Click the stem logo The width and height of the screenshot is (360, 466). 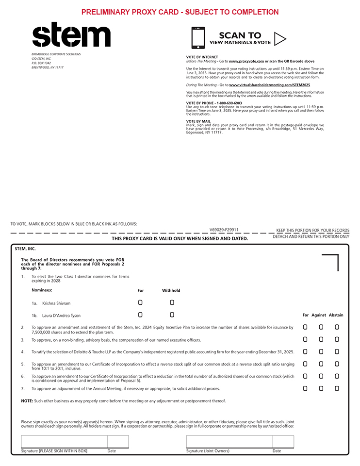pos(71,35)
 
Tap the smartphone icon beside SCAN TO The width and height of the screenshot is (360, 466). pos(198,38)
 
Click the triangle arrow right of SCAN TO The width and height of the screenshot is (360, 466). pos(280,38)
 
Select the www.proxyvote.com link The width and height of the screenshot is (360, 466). pos(246,62)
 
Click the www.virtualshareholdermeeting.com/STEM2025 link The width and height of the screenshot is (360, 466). pos(273,85)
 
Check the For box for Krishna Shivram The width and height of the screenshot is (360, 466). pos(140,302)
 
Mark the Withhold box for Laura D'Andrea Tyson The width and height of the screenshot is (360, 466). pos(172,315)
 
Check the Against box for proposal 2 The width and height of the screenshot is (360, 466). pos(321,327)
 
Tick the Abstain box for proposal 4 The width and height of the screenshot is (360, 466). pos(337,351)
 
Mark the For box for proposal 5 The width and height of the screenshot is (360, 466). pos(305,364)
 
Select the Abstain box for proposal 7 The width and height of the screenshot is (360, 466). pos(337,388)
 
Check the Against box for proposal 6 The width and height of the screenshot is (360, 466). pos(321,376)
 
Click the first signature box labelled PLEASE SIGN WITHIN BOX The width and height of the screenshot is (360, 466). pos(64,442)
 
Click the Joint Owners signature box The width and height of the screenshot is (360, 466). pos(229,442)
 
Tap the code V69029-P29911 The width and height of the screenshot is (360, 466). pos(224,229)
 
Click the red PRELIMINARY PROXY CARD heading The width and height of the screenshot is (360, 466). pos(180,12)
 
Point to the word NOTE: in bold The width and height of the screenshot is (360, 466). pos(27,401)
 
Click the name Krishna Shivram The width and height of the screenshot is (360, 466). pos(56,303)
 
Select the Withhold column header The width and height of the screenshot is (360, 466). pos(171,291)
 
